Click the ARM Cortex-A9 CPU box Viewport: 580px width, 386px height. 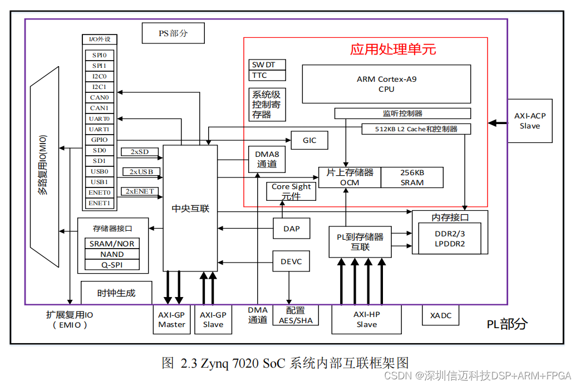click(386, 84)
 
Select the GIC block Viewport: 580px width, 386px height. click(309, 140)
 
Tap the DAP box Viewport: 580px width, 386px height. click(291, 228)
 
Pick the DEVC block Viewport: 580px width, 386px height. click(291, 261)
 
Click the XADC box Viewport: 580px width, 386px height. click(441, 315)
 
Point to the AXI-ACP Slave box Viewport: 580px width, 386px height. click(530, 121)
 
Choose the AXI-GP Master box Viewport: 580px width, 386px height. click(171, 319)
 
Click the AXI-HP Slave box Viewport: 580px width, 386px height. click(366, 319)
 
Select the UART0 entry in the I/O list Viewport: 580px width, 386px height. click(100, 118)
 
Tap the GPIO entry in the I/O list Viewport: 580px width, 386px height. click(100, 140)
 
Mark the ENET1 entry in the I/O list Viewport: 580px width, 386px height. click(100, 203)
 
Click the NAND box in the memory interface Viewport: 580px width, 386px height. click(112, 254)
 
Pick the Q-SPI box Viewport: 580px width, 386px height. click(112, 265)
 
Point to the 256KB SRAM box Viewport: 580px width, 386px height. click(412, 177)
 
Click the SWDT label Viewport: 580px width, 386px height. click(267, 65)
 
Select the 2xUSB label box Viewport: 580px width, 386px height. click(141, 171)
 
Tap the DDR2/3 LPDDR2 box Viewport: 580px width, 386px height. click(449, 239)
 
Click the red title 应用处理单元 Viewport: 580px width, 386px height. click(393, 49)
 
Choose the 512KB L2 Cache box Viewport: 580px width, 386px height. click(416, 129)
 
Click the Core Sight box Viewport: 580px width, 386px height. click(291, 191)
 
